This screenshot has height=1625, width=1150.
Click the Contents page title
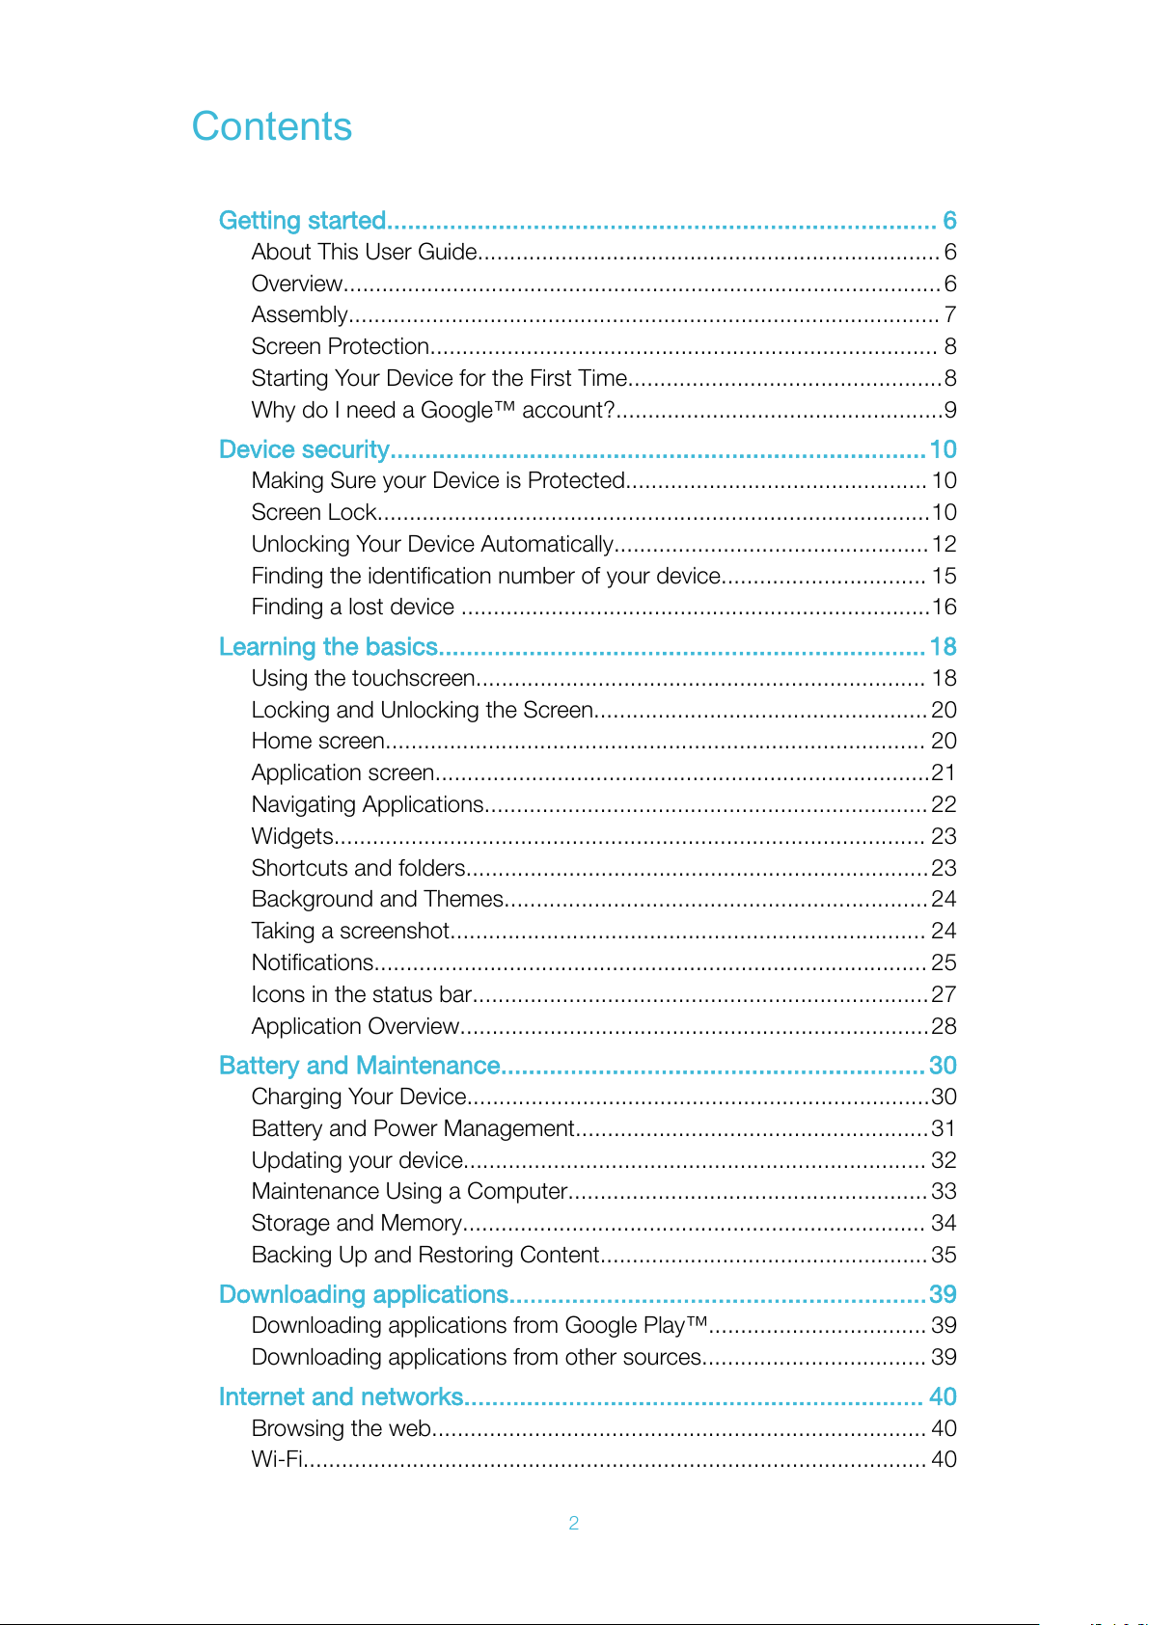(272, 126)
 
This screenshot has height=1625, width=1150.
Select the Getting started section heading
(302, 221)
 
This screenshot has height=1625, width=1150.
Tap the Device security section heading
(304, 449)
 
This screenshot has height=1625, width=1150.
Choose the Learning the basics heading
(328, 647)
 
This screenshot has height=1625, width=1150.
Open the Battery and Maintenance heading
(359, 1066)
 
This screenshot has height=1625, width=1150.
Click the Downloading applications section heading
(363, 1294)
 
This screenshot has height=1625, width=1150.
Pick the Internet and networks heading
(341, 1396)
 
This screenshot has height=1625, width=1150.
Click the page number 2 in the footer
(574, 1523)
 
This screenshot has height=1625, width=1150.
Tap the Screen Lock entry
(314, 512)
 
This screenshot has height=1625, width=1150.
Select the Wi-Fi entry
(277, 1459)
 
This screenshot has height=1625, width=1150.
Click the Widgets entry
(292, 836)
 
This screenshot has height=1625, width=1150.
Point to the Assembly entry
(299, 314)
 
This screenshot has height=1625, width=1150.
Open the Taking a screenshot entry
(350, 931)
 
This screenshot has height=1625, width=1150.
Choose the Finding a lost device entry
(352, 607)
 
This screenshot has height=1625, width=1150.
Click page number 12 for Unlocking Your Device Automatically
(944, 544)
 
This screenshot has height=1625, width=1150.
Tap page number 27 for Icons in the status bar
(944, 994)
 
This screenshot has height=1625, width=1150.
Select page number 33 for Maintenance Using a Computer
(944, 1191)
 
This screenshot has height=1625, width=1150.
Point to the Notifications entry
(313, 962)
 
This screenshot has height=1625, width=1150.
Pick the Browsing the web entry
(341, 1428)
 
